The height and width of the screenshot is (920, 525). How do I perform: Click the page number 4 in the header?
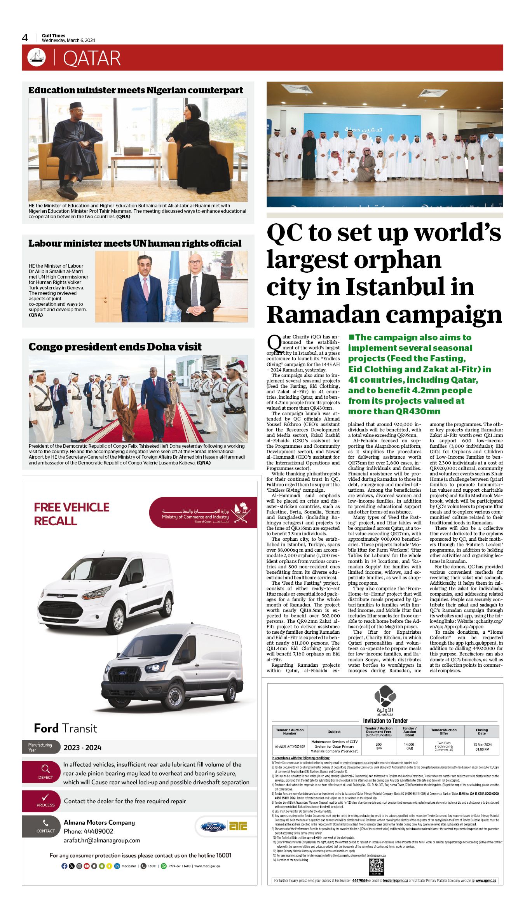point(25,38)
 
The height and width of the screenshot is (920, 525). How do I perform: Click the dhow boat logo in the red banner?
point(37,58)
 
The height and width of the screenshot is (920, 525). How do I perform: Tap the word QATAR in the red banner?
point(92,58)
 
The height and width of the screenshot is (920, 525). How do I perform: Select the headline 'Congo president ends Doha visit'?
point(115,347)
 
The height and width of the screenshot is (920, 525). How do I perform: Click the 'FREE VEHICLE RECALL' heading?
point(72,514)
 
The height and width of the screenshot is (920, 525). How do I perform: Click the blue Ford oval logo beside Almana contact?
point(213,827)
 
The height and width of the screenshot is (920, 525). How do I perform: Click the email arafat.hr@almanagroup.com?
point(102,840)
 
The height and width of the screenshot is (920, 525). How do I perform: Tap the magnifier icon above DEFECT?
point(45,769)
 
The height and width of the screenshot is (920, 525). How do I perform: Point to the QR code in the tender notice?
point(376,866)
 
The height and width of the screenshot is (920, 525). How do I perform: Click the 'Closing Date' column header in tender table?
point(481,732)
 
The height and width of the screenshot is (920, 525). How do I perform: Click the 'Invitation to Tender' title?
point(385,721)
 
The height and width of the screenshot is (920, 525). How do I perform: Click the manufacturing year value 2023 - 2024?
point(82,748)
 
